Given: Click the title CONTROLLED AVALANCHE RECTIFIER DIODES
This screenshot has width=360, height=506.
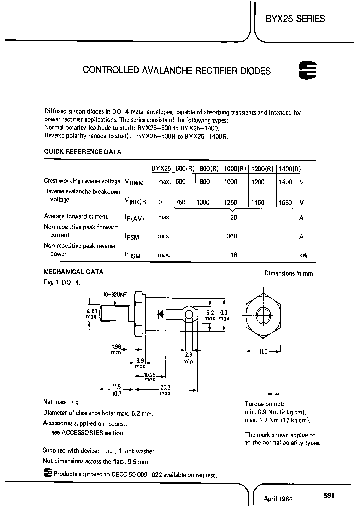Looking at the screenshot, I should click(x=176, y=71).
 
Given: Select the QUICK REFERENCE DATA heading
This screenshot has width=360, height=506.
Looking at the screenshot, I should click(x=82, y=152).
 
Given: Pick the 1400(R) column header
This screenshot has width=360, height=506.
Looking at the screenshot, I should click(x=289, y=169).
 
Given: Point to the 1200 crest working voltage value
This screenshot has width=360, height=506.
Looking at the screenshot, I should click(x=258, y=182).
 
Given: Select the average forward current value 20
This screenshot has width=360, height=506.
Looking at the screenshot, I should click(x=233, y=217).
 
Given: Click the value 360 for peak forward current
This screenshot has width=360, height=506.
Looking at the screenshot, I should click(x=232, y=236).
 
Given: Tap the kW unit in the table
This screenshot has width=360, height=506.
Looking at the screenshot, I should click(x=303, y=255).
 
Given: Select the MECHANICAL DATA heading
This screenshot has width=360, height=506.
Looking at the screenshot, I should click(x=74, y=272).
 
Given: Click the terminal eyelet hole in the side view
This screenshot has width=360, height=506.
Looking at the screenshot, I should click(x=189, y=314).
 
